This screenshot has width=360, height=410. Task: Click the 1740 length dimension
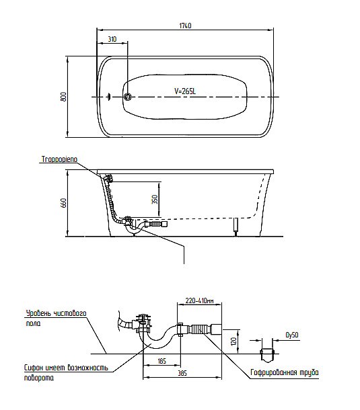click(x=185, y=26)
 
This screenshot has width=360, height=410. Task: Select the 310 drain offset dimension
click(x=112, y=39)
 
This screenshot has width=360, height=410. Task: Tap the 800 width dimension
click(x=63, y=97)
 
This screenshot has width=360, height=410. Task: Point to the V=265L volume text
click(x=185, y=91)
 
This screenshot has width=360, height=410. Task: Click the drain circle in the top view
click(x=128, y=97)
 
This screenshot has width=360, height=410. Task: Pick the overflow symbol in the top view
click(x=109, y=97)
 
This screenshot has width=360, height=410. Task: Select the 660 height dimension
click(x=63, y=203)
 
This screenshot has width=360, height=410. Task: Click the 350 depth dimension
click(x=155, y=199)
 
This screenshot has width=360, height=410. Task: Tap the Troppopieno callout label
click(x=59, y=159)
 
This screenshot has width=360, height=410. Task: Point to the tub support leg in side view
click(x=236, y=227)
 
